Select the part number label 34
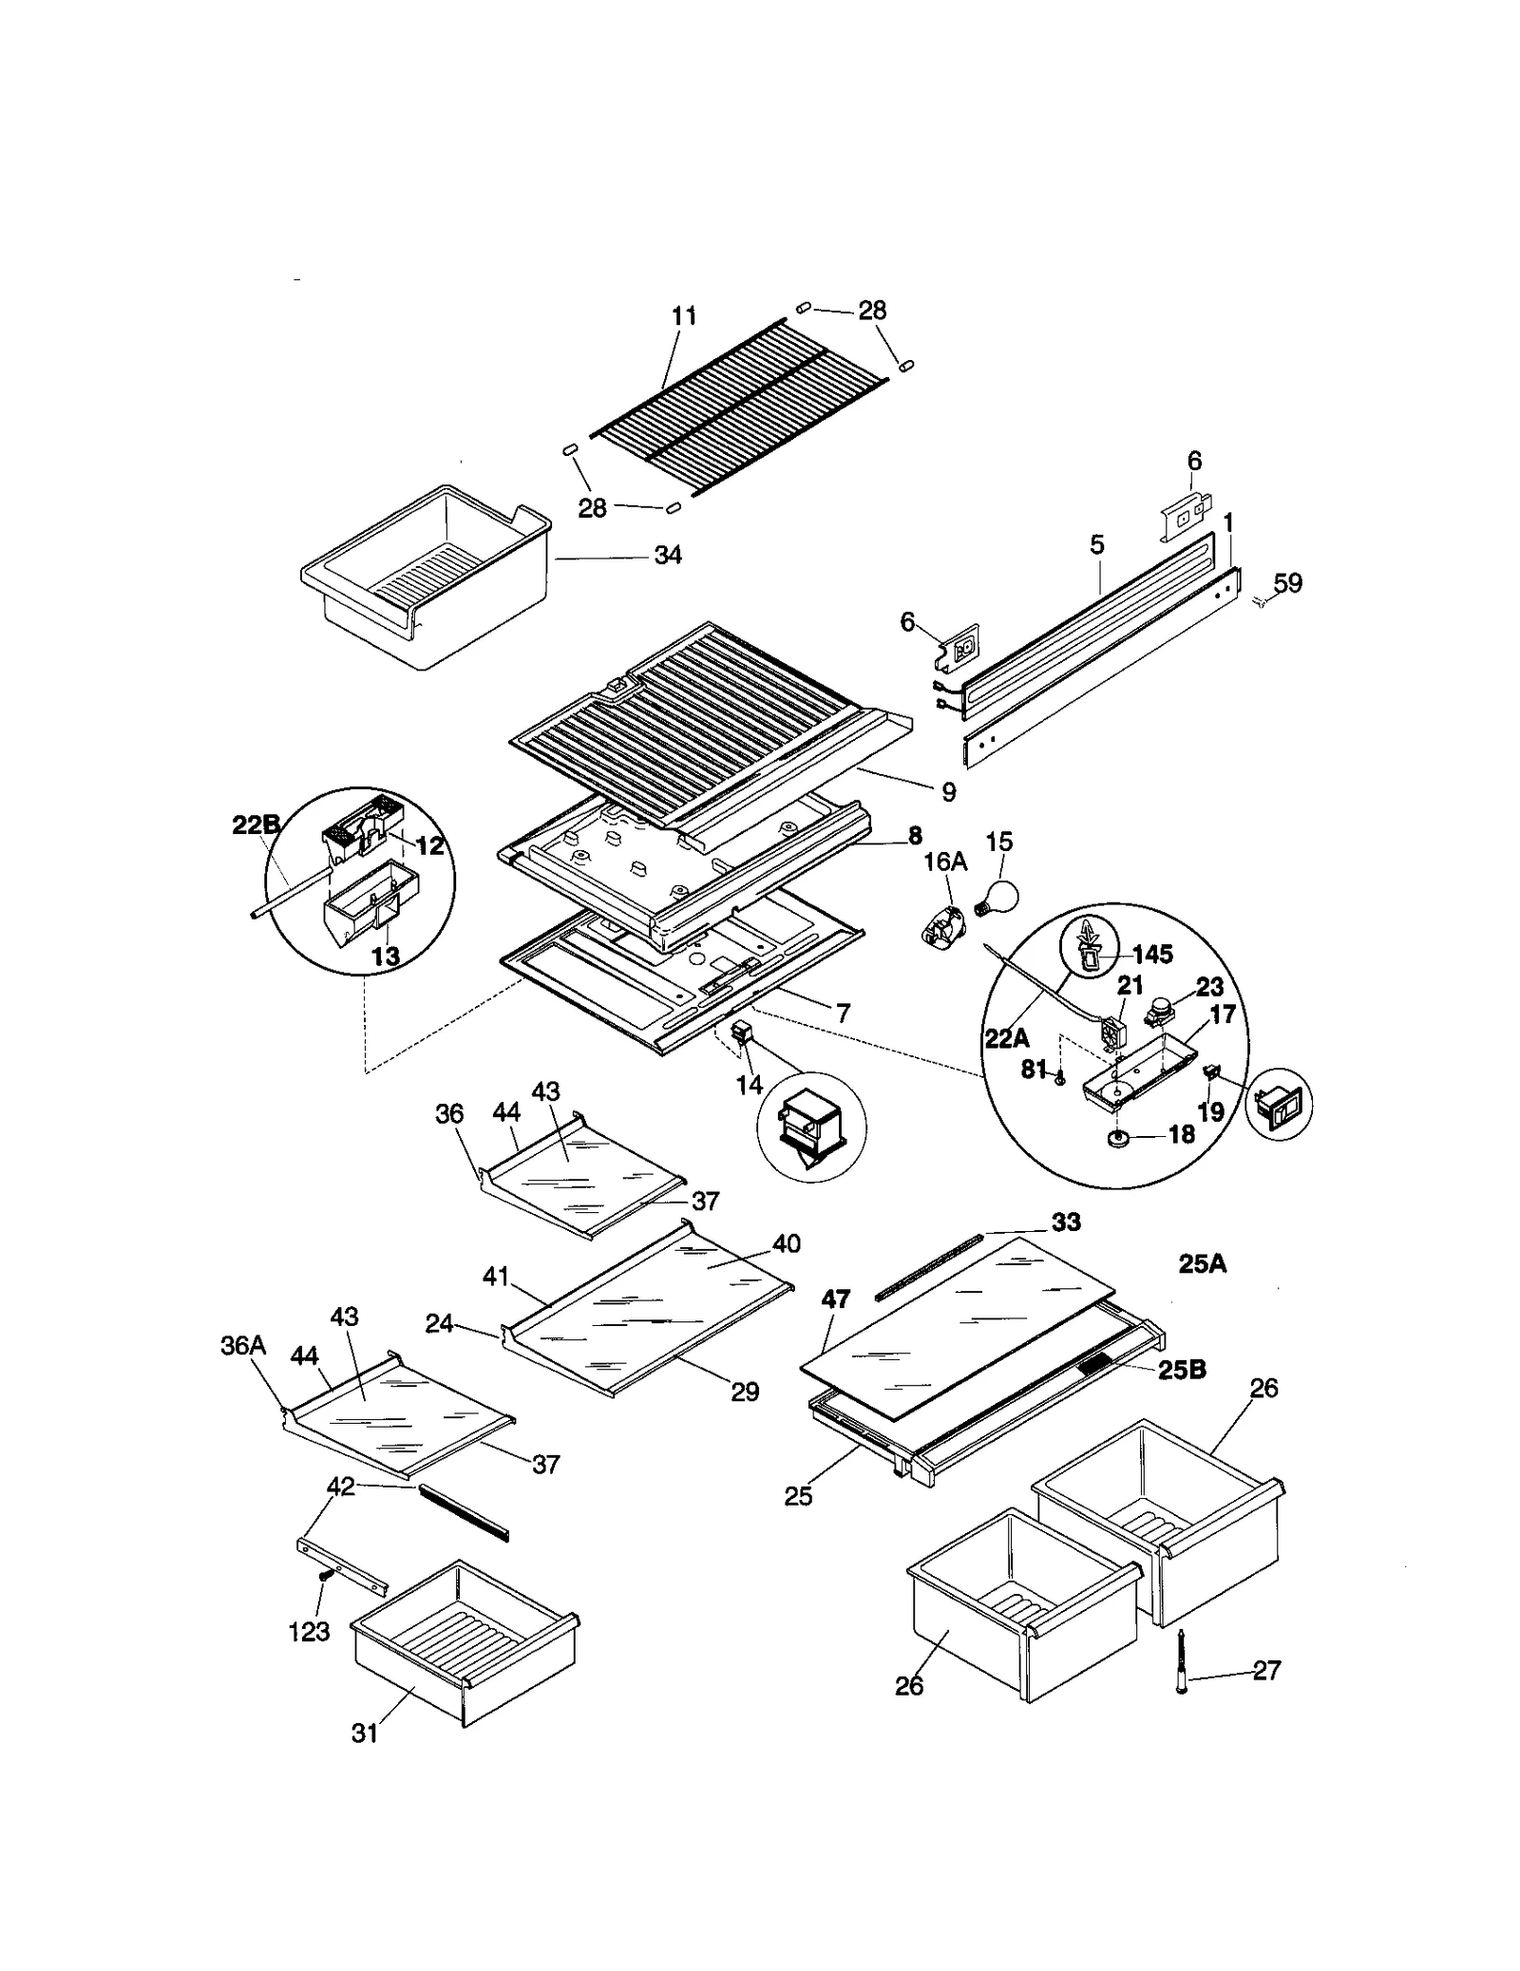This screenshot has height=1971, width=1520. click(668, 556)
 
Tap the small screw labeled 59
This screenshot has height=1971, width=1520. click(1261, 599)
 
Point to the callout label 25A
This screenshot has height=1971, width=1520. click(1202, 1264)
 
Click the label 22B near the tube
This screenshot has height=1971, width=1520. click(256, 825)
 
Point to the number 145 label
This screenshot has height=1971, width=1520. click(1152, 954)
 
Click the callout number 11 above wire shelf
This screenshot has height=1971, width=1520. click(684, 315)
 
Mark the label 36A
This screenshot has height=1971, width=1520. click(243, 1345)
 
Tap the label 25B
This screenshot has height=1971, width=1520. click(1182, 1369)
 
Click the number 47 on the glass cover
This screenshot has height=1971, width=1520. click(835, 1298)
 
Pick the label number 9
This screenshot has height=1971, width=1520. click(948, 791)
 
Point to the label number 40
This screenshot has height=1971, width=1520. click(787, 1243)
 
